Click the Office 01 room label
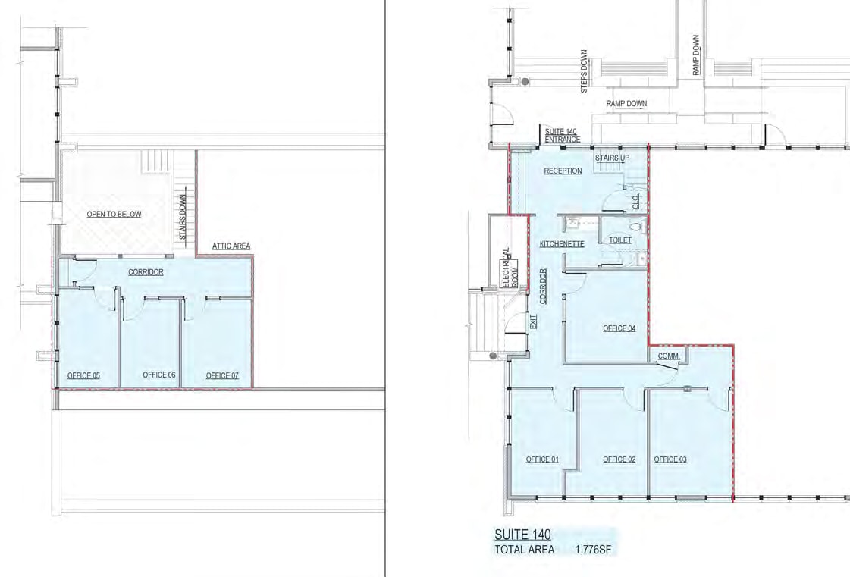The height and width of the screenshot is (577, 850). (542, 459)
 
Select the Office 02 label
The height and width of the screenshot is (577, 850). (619, 459)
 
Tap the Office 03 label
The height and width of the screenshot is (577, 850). (670, 459)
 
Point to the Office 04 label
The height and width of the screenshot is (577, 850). (619, 328)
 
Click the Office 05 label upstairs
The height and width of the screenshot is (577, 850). (83, 375)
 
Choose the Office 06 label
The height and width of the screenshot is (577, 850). (159, 375)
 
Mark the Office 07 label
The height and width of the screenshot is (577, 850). (222, 375)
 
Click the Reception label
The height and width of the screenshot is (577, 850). (563, 171)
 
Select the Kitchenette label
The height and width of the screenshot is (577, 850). (561, 244)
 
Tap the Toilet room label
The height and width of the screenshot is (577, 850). (620, 240)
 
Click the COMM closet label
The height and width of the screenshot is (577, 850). (668, 356)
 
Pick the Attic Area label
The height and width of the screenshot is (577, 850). (231, 246)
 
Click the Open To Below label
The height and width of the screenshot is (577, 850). (114, 215)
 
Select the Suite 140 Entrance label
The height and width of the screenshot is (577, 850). (563, 136)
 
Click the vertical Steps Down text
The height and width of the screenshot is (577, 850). (584, 72)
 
